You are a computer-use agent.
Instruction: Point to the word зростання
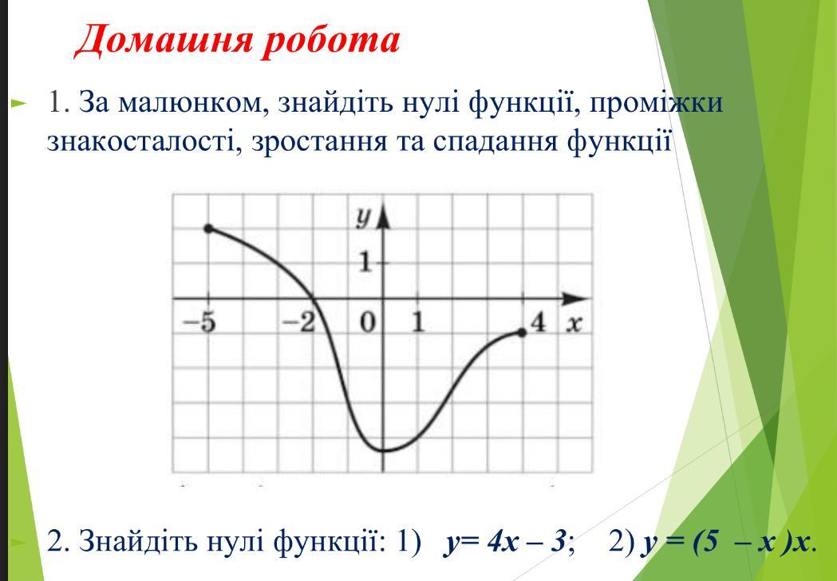coord(319,142)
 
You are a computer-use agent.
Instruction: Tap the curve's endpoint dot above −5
coord(208,228)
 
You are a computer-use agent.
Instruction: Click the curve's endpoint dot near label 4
coord(522,333)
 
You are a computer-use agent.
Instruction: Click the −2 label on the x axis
coord(298,322)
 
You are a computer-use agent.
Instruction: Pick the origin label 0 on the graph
coord(367,323)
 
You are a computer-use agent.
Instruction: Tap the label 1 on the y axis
coord(365,263)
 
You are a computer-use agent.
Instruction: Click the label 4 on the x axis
coord(539,322)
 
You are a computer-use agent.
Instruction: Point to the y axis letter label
coord(364,219)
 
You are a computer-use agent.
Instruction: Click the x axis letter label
coord(574,324)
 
